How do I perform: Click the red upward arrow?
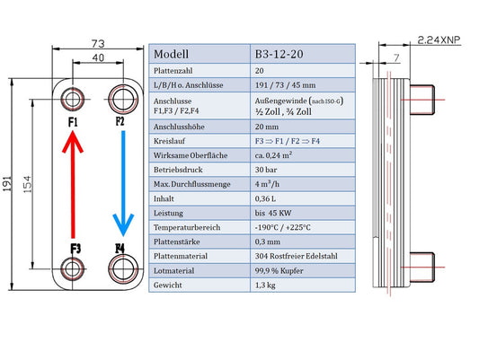[74, 183]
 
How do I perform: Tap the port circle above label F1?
[74, 98]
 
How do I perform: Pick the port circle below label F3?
[74, 268]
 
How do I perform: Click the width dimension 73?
[98, 43]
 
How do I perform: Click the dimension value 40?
[98, 58]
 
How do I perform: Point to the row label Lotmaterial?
[178, 269]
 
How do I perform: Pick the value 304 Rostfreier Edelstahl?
[298, 255]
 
